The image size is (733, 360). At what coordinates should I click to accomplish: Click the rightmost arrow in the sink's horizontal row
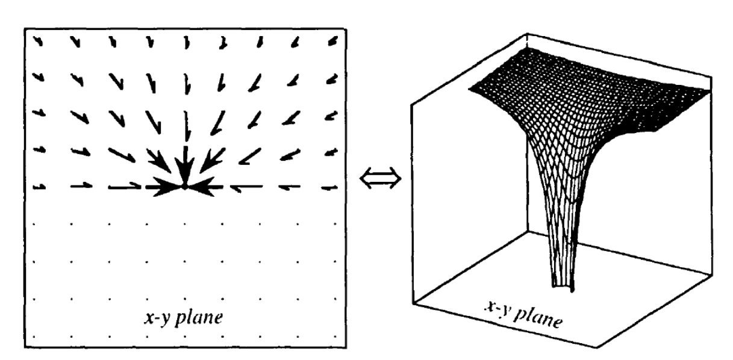[x=329, y=188]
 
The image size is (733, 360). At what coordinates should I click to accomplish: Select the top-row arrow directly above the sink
[x=187, y=42]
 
